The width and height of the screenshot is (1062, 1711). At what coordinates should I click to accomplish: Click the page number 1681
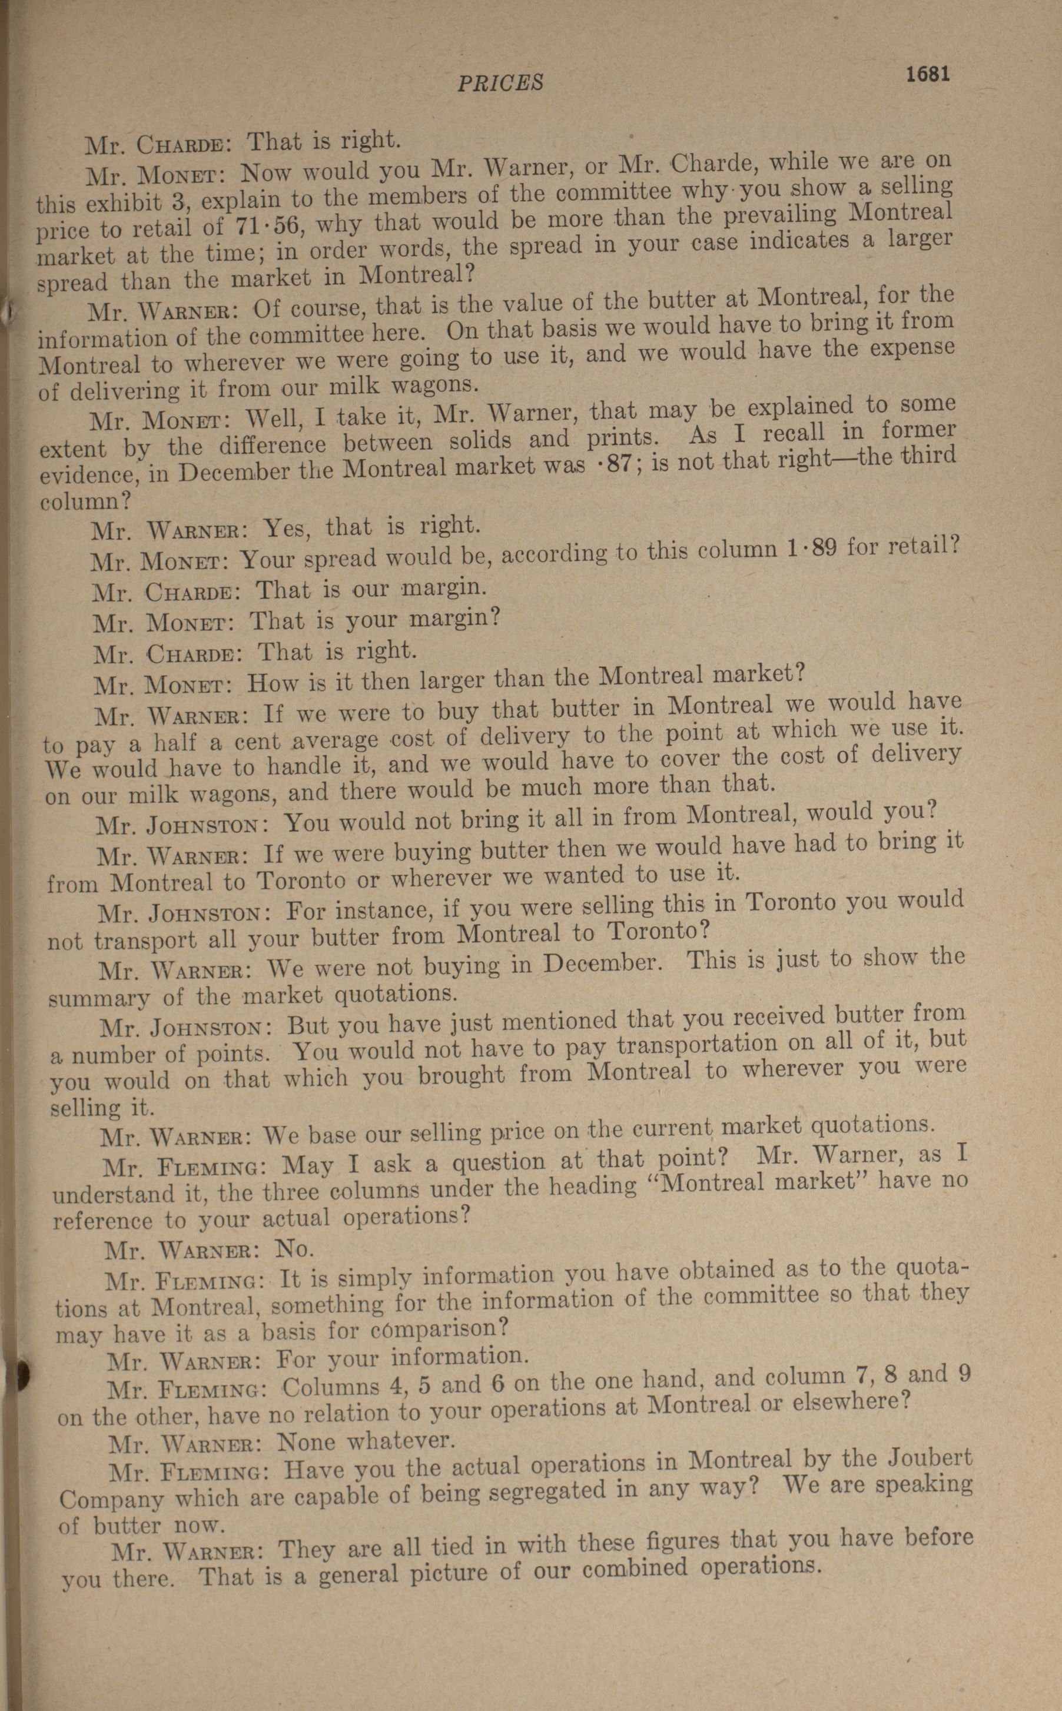pyautogui.click(x=927, y=74)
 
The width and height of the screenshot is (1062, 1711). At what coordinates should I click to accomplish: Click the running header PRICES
pyautogui.click(x=500, y=83)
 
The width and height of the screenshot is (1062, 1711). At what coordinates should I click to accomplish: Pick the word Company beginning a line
pyautogui.click(x=102, y=1499)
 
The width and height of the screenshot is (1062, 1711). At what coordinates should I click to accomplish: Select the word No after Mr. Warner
pyautogui.click(x=294, y=1248)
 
